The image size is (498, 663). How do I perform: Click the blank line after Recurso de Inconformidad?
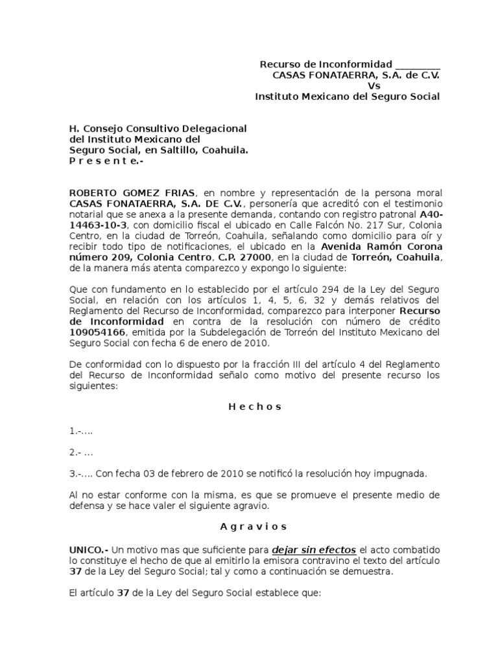point(418,65)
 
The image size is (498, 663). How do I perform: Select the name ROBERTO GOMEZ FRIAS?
point(135,193)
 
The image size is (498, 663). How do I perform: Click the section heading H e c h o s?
point(255,407)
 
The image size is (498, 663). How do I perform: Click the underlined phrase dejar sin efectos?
point(314,550)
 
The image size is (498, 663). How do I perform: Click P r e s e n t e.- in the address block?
point(106,161)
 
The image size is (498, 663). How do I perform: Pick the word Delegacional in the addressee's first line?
point(210,129)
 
